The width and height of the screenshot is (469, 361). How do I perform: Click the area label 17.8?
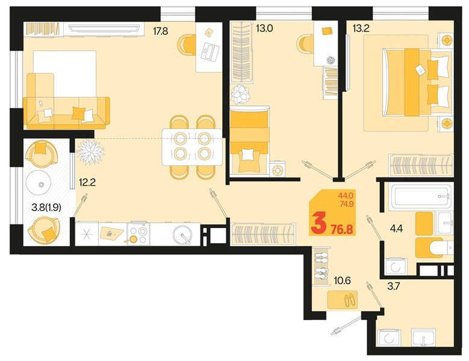coord(160,31)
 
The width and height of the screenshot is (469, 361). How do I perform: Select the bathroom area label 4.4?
coord(396,229)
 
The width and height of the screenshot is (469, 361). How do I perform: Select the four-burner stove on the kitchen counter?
coord(138,234)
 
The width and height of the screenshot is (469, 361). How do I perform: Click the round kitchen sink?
coord(181,233)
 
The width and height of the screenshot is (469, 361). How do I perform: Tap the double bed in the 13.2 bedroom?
coord(415,82)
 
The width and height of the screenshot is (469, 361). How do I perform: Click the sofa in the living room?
coord(66,111)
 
